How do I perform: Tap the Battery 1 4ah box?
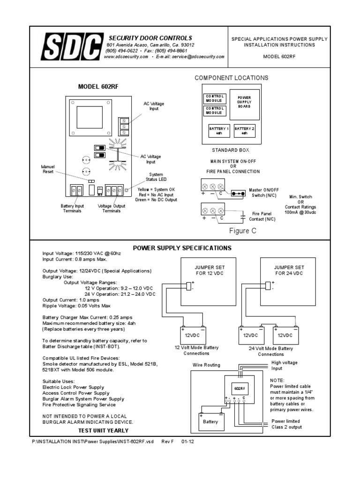point(219,130)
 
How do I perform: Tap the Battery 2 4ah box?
point(244,130)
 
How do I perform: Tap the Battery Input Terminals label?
point(72,208)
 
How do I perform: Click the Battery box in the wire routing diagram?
point(210,421)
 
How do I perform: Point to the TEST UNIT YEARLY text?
point(103,430)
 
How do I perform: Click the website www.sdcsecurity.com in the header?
point(126,56)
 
